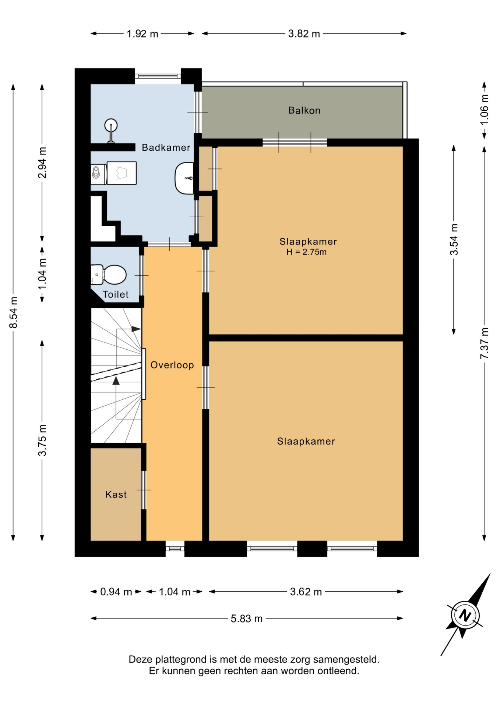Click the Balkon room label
pos(304,110)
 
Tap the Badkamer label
pos(166,147)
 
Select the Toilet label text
pos(116,294)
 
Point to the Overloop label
pos(172,365)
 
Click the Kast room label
pos(116,494)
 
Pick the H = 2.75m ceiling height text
pos(306,252)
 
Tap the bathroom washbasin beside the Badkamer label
pos(184,178)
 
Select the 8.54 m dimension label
pos(14,312)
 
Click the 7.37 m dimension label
pos(485,343)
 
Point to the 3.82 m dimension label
pos(304,34)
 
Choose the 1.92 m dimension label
pos(142,34)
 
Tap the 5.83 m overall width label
pos(247,618)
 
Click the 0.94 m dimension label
pos(116,592)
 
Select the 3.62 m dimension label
pos(306,592)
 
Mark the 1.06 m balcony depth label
pos(485,109)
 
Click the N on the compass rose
pos(465,615)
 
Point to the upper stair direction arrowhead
pos(136,329)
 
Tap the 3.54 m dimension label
pos(454,239)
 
